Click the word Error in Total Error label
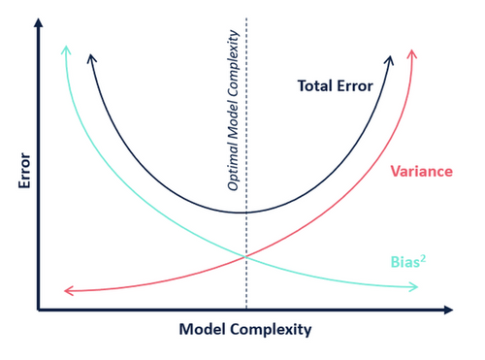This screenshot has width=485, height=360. (x=353, y=85)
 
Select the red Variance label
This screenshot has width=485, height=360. (x=421, y=172)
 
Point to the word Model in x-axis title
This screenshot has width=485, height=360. (x=202, y=329)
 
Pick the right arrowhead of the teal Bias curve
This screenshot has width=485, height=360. (x=415, y=286)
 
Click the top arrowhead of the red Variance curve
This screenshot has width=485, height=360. (x=413, y=50)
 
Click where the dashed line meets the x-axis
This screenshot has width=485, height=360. (x=246, y=310)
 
